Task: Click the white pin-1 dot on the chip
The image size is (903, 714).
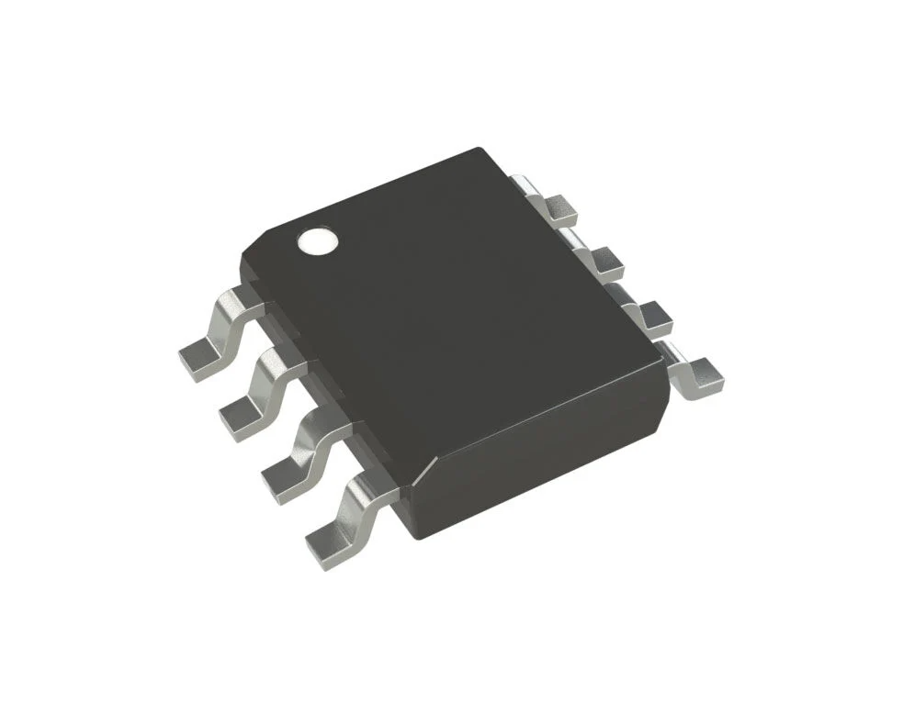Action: pos(317,241)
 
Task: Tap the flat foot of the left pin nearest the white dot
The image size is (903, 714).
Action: pos(198,359)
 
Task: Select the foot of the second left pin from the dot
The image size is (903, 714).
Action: pos(240,418)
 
